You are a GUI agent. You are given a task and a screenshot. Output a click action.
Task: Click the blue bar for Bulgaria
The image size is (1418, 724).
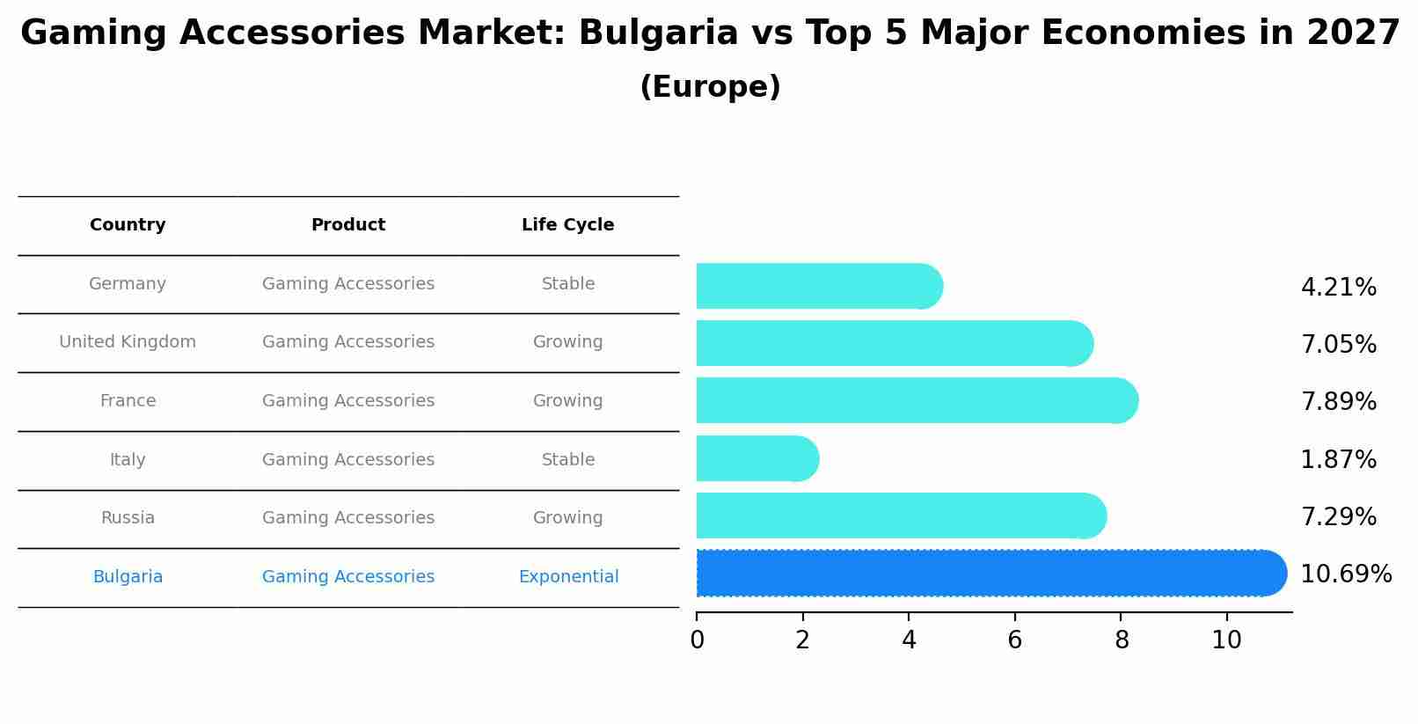pos(985,573)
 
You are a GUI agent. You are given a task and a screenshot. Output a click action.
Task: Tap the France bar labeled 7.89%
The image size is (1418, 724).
pos(915,400)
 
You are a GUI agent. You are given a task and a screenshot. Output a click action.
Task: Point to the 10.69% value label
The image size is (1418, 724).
pos(1345,574)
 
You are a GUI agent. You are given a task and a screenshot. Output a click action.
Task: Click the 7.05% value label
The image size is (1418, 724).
pos(1338,344)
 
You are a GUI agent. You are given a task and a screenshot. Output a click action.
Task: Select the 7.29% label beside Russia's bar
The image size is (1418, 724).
pos(1338,516)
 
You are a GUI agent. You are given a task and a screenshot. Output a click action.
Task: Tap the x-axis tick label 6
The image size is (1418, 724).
pos(1014,640)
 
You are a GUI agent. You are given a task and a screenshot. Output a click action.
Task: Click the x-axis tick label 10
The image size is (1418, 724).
pos(1226,640)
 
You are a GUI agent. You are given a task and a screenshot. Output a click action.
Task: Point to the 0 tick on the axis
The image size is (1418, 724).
pos(697,640)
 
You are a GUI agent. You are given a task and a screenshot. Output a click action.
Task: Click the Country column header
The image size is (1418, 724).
pos(128,225)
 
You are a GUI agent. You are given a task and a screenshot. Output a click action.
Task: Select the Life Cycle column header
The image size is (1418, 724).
pos(567,225)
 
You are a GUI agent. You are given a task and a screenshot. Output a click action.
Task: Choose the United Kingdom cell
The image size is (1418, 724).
pos(128,342)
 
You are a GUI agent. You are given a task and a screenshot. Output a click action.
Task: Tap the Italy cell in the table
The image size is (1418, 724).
pos(128,460)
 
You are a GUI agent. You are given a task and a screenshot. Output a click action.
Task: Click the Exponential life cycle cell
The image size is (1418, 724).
pos(568,577)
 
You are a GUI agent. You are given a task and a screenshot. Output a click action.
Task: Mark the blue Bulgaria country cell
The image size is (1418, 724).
pos(128,577)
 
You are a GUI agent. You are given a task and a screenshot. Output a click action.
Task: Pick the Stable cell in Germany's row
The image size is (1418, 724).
pos(567,284)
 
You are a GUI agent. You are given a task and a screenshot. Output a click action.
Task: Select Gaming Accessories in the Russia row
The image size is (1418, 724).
pos(348,518)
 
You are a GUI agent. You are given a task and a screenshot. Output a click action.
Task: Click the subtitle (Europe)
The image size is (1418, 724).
pos(710,87)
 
